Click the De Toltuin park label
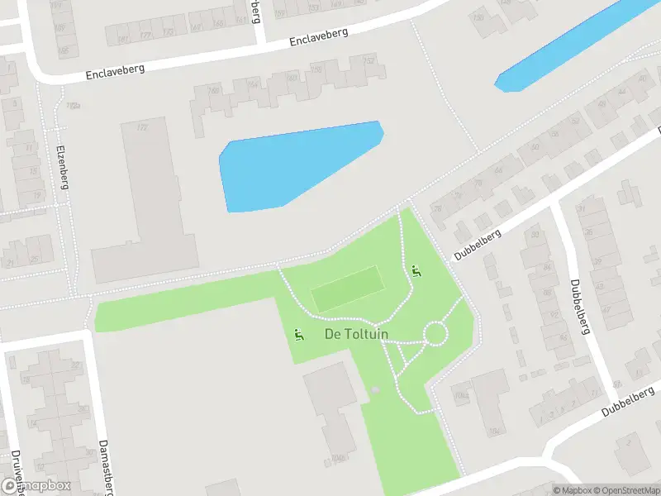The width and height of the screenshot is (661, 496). [357, 335]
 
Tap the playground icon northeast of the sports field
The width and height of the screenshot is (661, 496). [416, 270]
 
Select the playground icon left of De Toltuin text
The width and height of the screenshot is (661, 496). [298, 335]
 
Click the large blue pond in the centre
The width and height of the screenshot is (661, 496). [297, 165]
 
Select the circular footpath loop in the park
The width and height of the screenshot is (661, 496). [435, 334]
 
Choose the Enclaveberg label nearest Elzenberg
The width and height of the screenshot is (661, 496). [115, 72]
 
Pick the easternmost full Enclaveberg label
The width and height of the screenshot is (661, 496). [319, 37]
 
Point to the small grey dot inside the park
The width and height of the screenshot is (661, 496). [375, 389]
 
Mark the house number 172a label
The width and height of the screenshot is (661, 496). [74, 106]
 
